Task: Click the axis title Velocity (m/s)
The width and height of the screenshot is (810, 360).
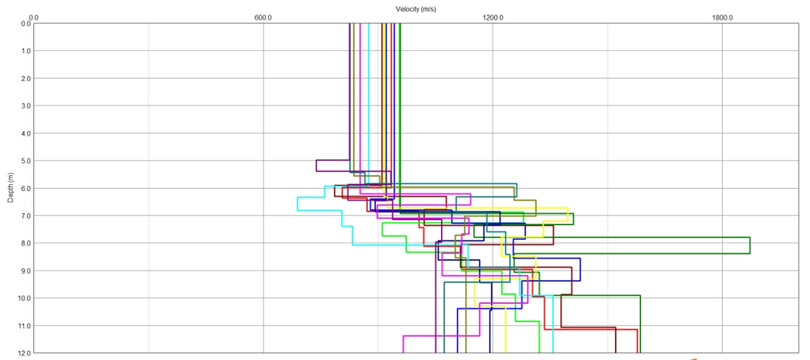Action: (416, 9)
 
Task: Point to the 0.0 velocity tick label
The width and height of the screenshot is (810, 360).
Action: (33, 17)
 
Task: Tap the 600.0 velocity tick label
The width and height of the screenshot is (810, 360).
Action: (263, 17)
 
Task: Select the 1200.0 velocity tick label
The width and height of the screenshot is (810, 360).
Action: (493, 17)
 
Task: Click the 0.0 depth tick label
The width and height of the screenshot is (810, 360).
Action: (25, 24)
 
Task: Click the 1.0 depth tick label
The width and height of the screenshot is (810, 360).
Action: (25, 51)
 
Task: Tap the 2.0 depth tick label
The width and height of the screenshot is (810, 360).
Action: (25, 79)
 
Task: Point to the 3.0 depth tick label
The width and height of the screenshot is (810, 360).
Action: (25, 105)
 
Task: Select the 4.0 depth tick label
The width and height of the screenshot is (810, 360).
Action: (25, 133)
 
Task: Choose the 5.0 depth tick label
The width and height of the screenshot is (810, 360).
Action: (25, 161)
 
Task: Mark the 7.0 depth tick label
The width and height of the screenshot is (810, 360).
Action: (25, 216)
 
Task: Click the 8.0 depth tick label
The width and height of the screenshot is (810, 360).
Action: (25, 243)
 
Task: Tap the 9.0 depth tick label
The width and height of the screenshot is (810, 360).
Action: (25, 270)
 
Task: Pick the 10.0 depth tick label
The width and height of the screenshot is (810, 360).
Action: (25, 298)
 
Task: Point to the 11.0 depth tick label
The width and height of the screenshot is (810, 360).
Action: (25, 325)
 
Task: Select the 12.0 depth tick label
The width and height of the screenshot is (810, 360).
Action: (25, 352)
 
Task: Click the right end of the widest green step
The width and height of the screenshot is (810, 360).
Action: (750, 245)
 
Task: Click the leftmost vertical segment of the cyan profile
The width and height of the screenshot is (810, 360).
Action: (298, 204)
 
